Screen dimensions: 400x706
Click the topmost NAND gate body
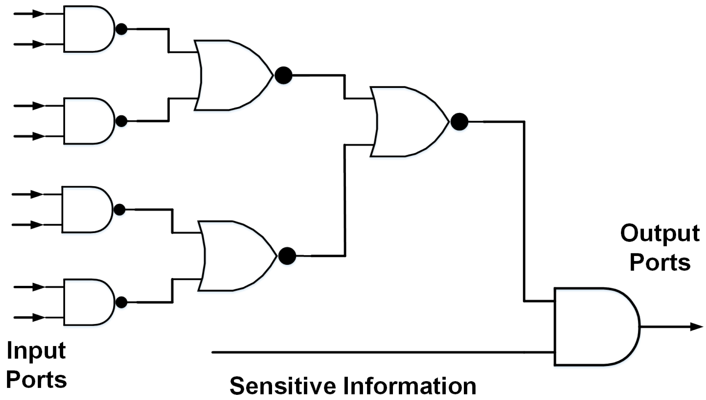point(88,29)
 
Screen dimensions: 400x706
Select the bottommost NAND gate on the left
point(88,302)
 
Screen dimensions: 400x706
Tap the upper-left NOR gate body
point(231,75)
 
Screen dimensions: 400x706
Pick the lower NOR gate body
point(235,256)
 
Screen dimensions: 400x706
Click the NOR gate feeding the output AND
point(407,122)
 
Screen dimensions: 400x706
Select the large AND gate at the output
point(593,327)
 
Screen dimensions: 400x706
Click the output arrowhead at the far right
point(696,327)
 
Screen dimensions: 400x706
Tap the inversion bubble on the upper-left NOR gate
point(284,75)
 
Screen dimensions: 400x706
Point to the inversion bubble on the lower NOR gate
point(287,256)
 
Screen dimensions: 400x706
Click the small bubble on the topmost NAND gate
point(121,29)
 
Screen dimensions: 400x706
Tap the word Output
point(660,233)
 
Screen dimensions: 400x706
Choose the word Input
point(36,351)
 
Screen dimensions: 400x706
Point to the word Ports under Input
point(36,380)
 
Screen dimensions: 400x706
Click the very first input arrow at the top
point(30,14)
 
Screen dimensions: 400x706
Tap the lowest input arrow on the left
point(30,317)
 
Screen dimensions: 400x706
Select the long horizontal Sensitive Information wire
point(370,352)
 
